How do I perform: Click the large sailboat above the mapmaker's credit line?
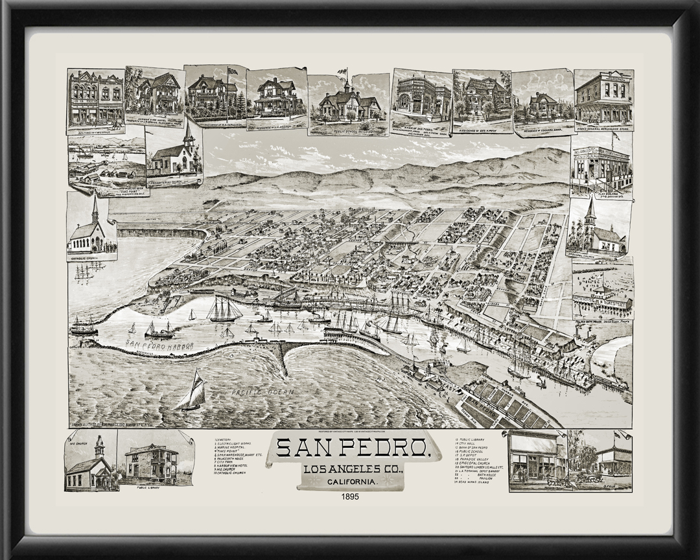coord(192,391)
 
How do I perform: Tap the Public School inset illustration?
coord(349,104)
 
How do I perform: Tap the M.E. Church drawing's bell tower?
coord(99,447)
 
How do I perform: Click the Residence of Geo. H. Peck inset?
coord(482,97)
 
